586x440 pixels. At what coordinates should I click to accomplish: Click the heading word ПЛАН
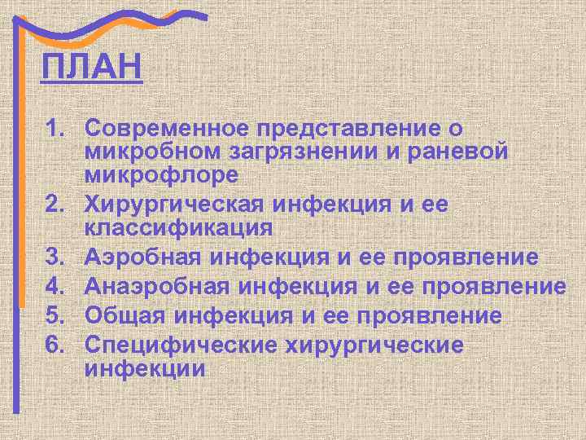(91, 66)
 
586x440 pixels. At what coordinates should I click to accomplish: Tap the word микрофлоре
(160, 174)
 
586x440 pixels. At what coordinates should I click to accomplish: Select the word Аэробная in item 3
(148, 257)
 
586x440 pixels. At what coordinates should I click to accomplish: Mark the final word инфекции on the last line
(144, 367)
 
